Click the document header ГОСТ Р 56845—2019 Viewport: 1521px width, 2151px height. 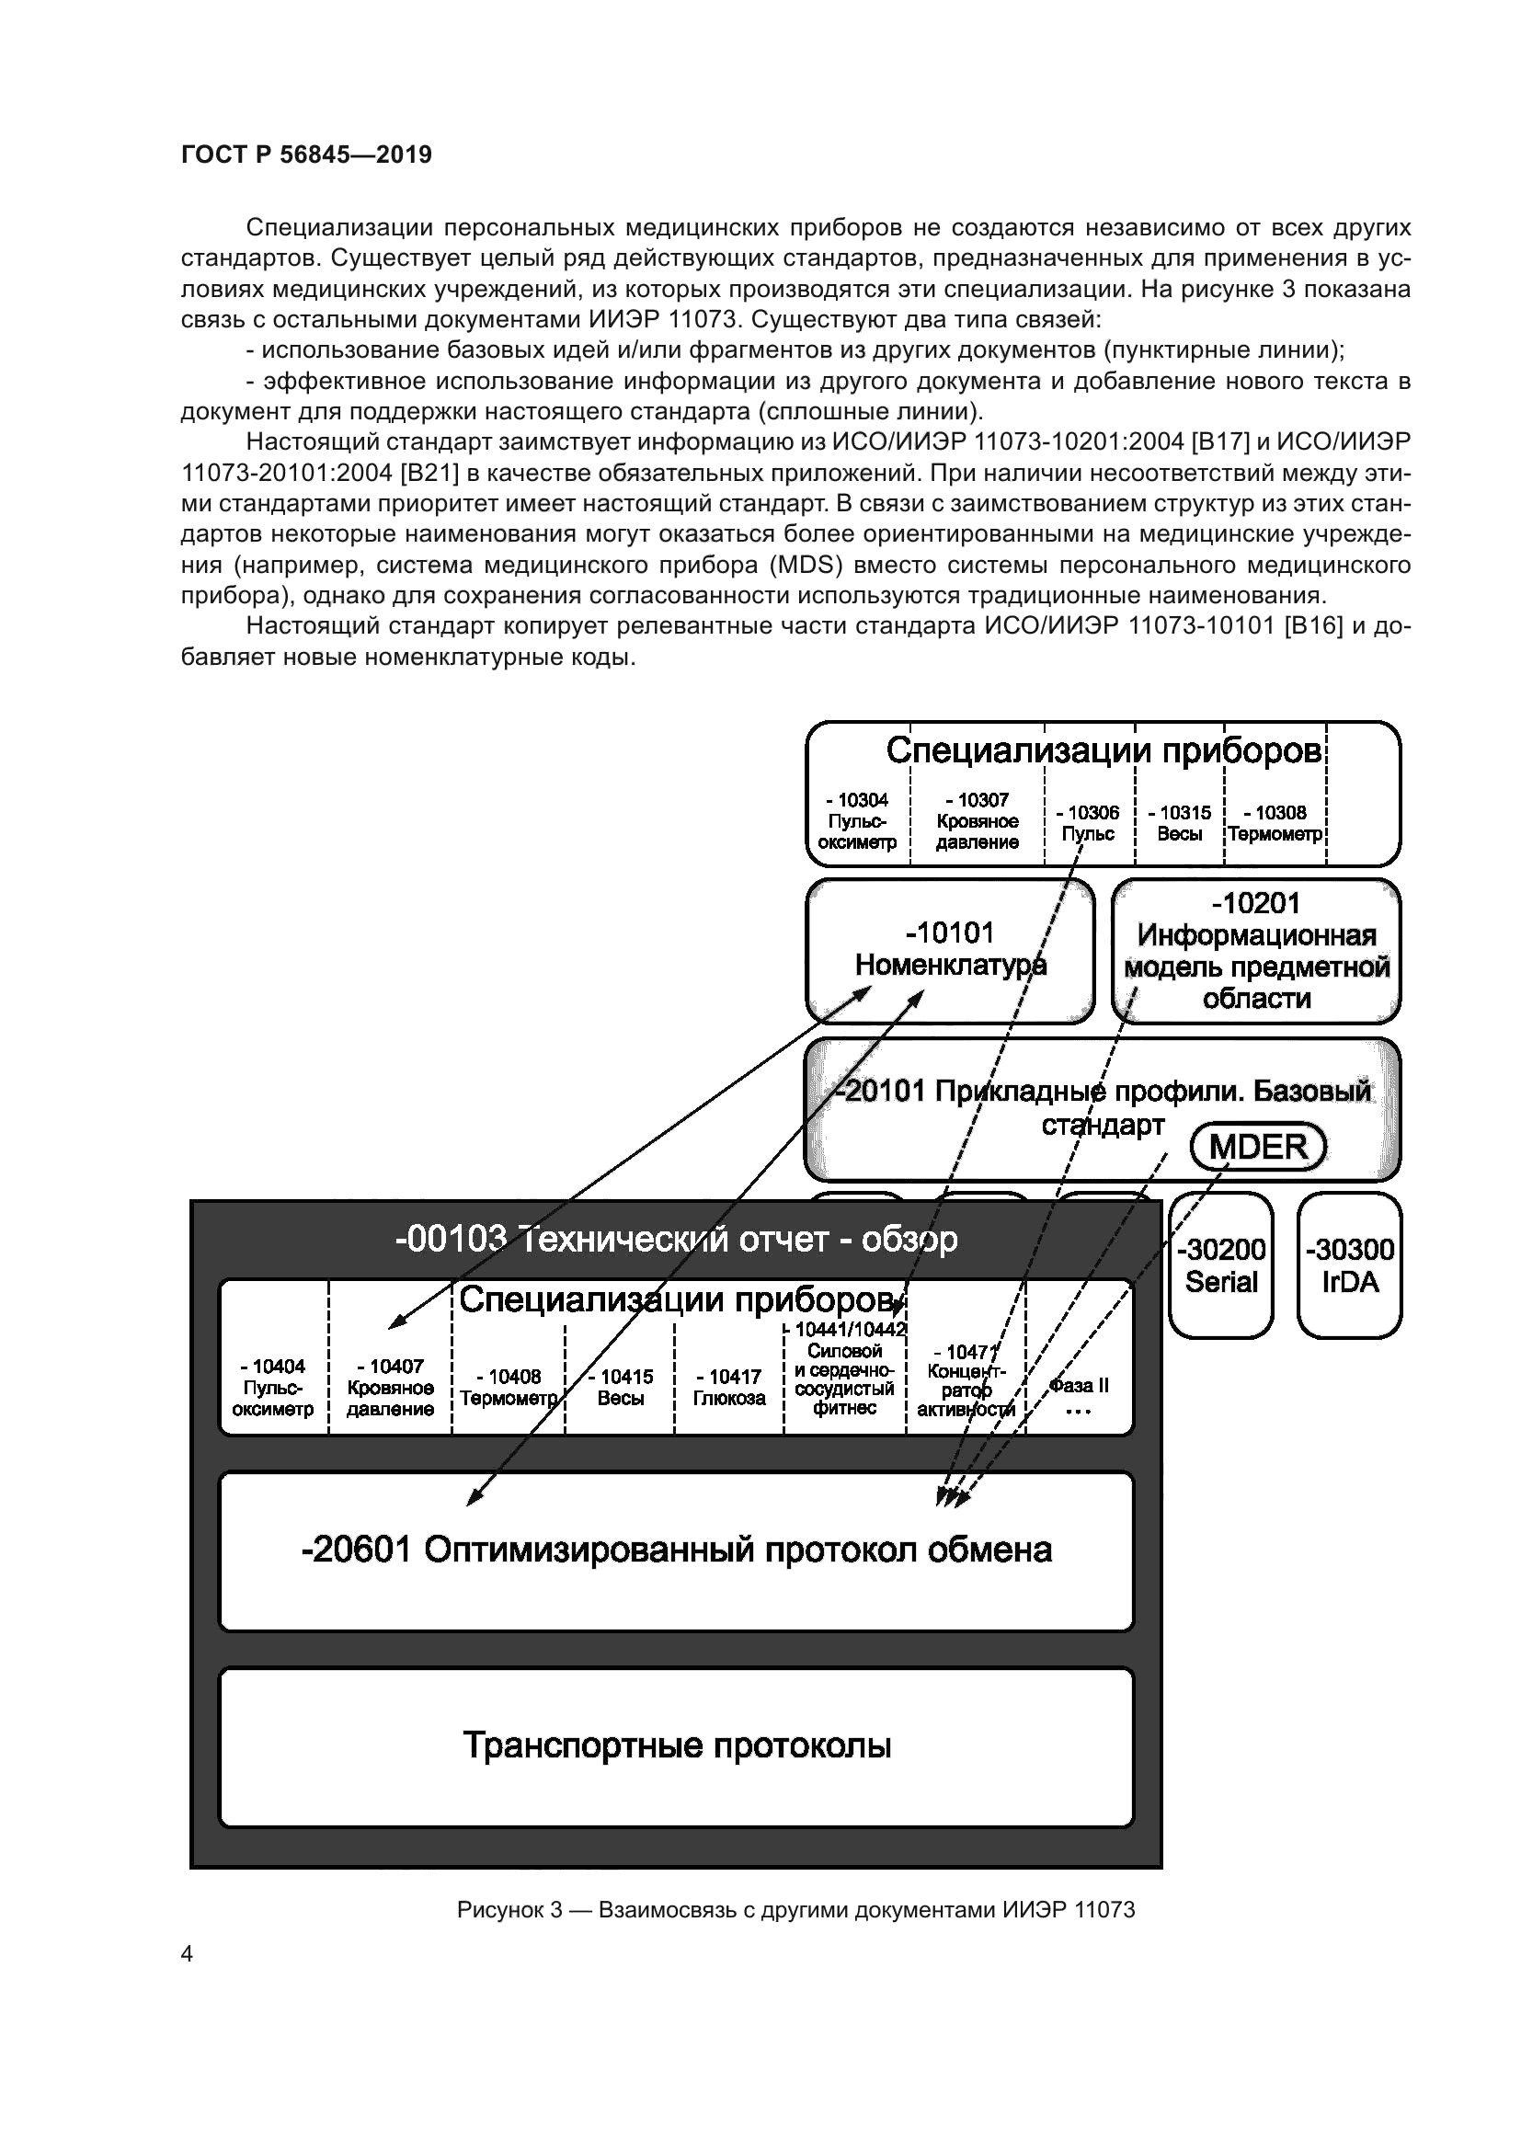[x=306, y=154]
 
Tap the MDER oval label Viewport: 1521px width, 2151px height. [x=1258, y=1147]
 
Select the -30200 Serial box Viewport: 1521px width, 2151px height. [x=1220, y=1264]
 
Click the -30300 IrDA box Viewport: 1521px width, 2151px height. [x=1350, y=1264]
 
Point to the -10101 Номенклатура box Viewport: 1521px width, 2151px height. [x=950, y=949]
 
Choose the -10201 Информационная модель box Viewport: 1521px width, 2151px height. [x=1256, y=950]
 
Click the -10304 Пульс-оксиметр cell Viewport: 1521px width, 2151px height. [x=857, y=820]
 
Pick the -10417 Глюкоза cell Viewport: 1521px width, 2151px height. [x=729, y=1388]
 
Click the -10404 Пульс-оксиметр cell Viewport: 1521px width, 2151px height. [x=272, y=1388]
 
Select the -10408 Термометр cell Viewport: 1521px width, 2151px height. [x=509, y=1388]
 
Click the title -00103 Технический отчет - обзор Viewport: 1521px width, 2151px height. [x=676, y=1240]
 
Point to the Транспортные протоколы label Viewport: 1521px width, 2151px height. [x=676, y=1745]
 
